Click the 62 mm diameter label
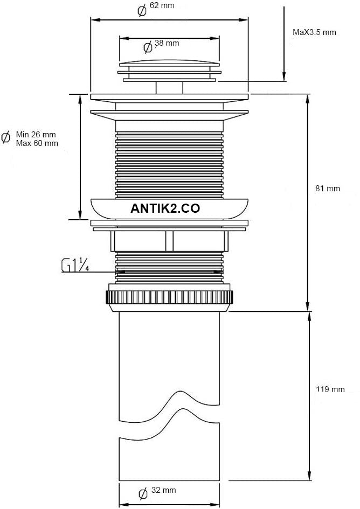click(x=162, y=5)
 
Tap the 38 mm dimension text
click(x=167, y=43)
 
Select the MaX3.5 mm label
click(x=314, y=32)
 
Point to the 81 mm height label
click(x=328, y=189)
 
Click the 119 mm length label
click(x=330, y=389)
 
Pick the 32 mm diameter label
click(x=164, y=490)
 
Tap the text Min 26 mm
click(x=36, y=135)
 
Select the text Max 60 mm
click(x=37, y=143)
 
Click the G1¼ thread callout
click(x=75, y=266)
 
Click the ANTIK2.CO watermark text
click(x=165, y=208)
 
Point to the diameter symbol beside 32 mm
click(x=143, y=494)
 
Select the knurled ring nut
click(x=169, y=297)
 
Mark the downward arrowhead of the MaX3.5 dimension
click(x=284, y=76)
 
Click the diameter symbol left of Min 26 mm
click(x=5, y=138)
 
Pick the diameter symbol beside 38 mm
click(x=148, y=47)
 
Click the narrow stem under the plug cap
click(x=169, y=88)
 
